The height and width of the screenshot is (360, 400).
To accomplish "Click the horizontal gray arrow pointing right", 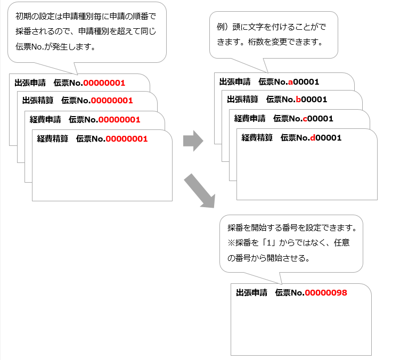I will click(193, 142).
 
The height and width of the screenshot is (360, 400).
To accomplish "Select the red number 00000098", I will click(325, 293).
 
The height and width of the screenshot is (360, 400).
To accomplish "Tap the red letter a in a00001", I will click(290, 81).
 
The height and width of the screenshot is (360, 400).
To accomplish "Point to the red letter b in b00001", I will click(298, 100).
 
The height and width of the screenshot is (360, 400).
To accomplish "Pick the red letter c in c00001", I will click(305, 118).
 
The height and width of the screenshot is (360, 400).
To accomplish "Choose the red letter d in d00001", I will click(313, 137).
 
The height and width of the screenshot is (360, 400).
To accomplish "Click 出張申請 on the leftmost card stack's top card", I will click(30, 83).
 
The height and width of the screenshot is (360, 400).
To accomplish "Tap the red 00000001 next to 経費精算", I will click(126, 138).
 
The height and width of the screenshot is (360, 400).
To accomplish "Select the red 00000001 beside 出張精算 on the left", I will click(111, 100).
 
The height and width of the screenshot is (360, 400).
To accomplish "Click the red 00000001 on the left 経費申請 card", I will click(119, 119).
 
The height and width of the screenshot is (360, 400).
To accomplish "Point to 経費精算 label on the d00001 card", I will click(257, 137).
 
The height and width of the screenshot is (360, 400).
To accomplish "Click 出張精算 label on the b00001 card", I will click(242, 100).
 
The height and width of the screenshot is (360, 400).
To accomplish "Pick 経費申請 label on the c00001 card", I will click(250, 118).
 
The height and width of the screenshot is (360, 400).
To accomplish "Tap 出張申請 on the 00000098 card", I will click(251, 293).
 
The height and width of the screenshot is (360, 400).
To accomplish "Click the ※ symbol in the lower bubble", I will click(231, 243).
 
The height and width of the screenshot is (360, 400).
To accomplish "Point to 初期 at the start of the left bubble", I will click(22, 16).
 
